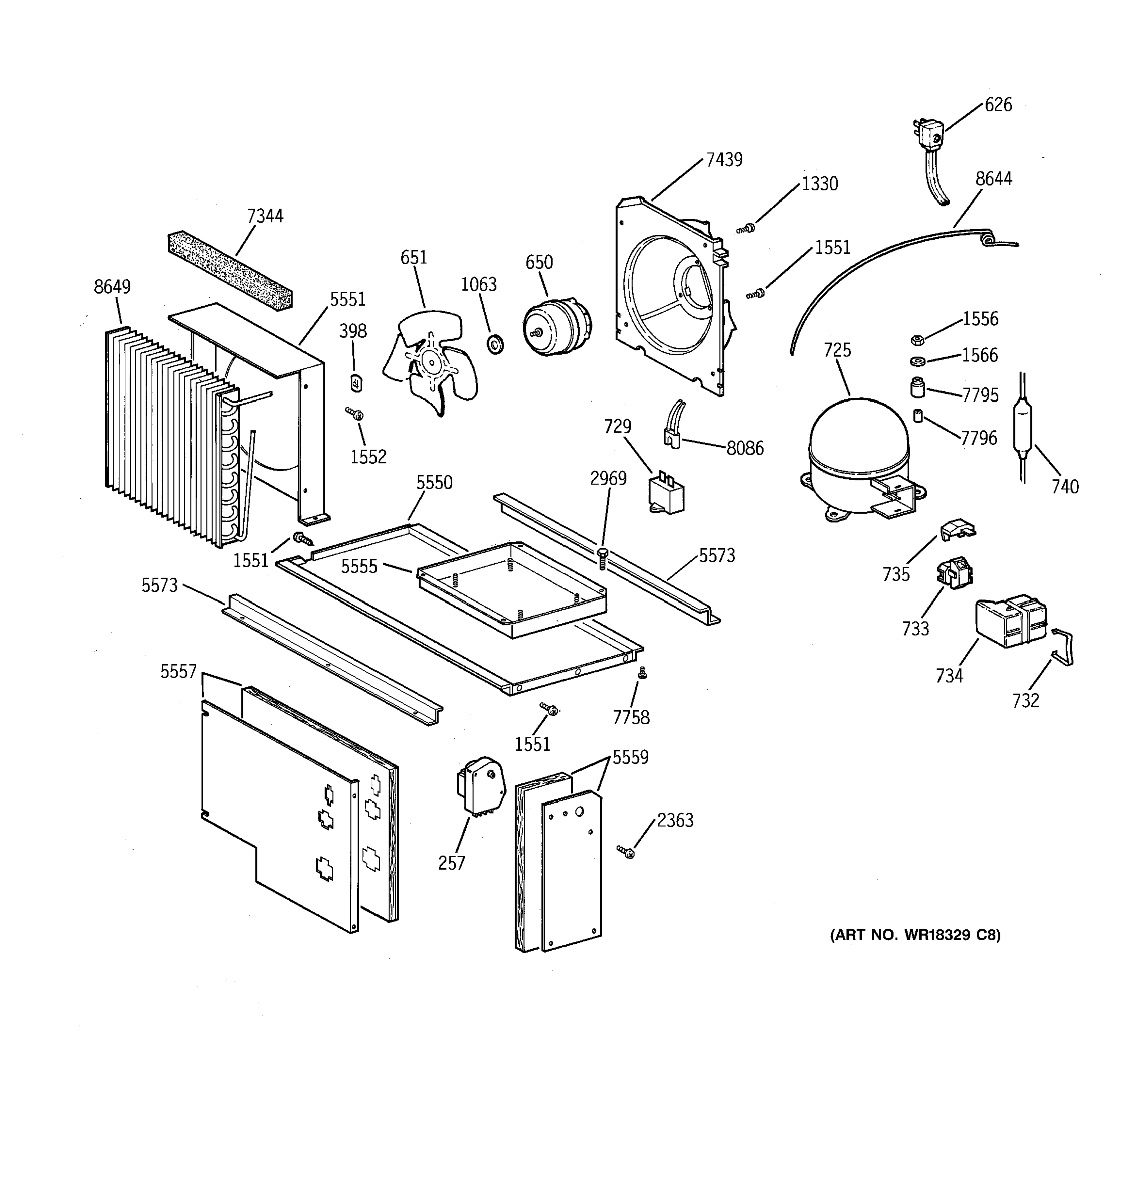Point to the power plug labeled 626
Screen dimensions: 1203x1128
click(x=928, y=138)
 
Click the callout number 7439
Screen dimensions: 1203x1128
click(x=724, y=160)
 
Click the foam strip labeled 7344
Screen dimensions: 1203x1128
click(x=230, y=271)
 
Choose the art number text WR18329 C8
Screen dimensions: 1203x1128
click(x=914, y=935)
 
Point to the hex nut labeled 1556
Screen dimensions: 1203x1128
click(x=917, y=340)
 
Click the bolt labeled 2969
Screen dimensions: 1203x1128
click(x=602, y=557)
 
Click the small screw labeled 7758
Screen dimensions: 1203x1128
click(x=643, y=673)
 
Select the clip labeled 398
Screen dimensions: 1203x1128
click(x=356, y=383)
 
